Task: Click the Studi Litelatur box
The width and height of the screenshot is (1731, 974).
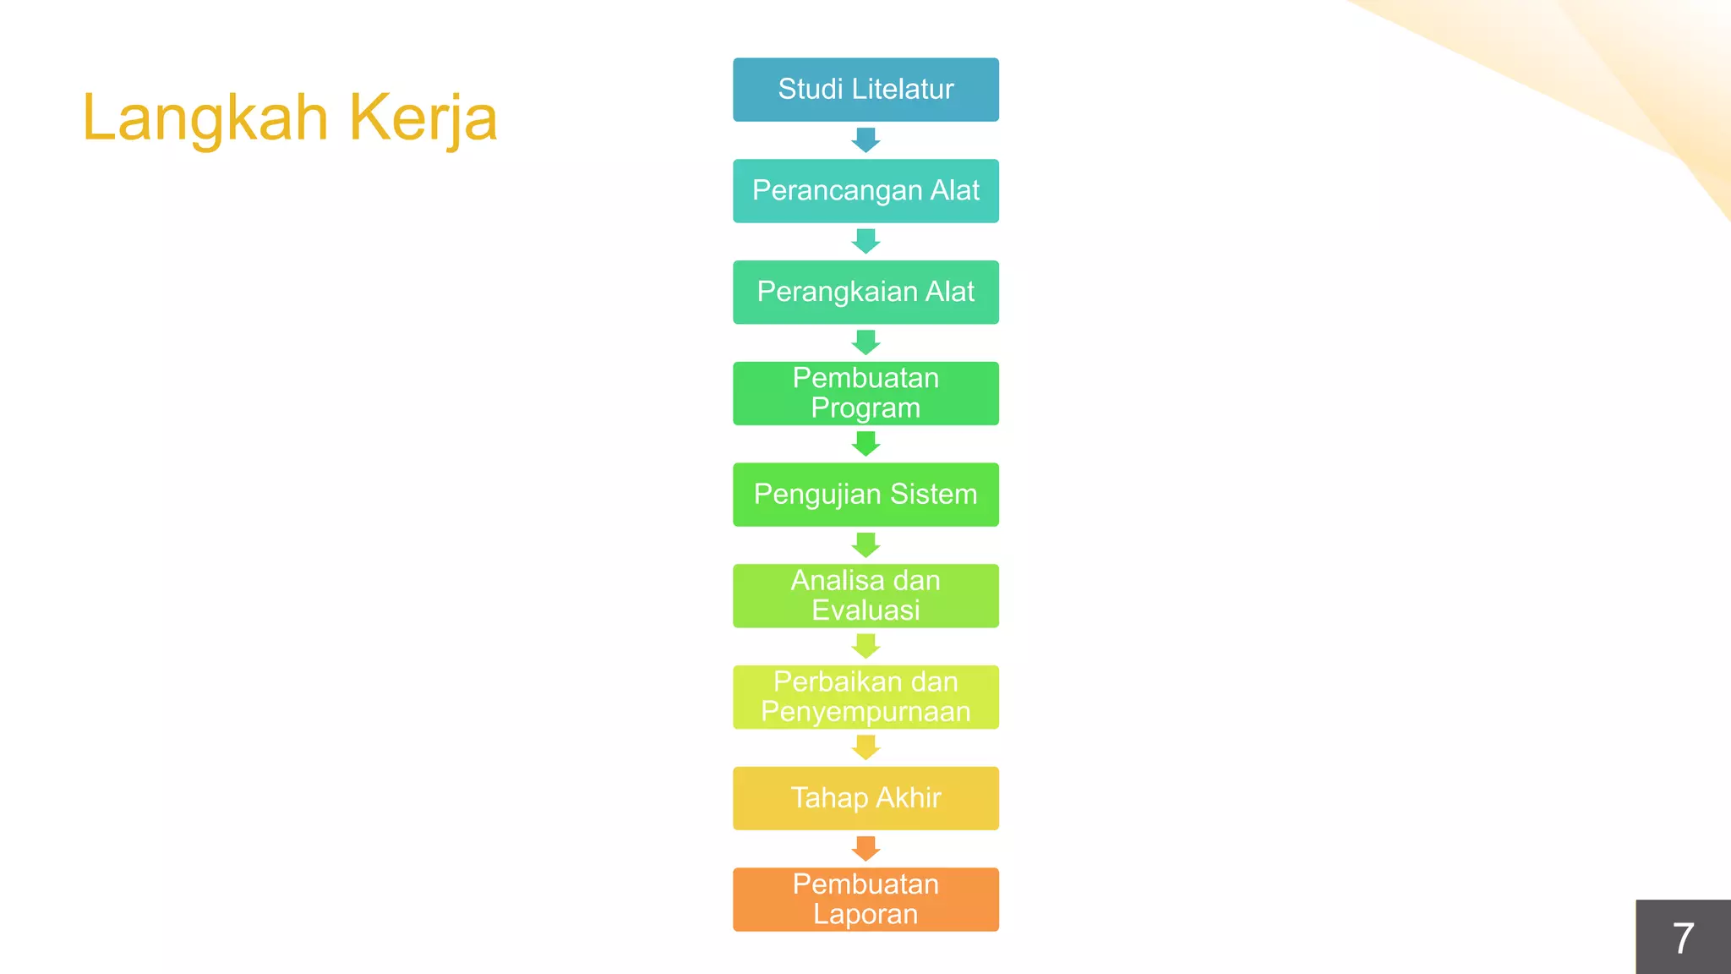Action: coord(865,90)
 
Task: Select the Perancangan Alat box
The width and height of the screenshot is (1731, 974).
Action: coord(865,191)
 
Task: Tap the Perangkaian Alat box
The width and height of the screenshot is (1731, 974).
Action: coord(865,293)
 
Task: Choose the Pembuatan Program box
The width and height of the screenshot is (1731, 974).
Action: coord(865,393)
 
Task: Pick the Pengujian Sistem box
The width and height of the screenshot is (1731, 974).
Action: coord(865,495)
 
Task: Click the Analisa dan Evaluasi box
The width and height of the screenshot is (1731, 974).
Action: coord(865,596)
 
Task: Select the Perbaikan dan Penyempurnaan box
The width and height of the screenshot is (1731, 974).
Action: coord(865,698)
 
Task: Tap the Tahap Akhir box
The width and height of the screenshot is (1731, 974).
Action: coord(865,798)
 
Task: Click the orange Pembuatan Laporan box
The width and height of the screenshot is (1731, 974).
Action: coord(865,900)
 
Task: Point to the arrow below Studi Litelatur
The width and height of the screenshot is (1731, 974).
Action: coord(865,140)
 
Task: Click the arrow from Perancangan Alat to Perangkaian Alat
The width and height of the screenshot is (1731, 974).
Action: coord(865,242)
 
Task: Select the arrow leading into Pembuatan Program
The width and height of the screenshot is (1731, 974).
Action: coord(865,342)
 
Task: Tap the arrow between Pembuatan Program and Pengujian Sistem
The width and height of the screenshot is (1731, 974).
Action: coord(865,444)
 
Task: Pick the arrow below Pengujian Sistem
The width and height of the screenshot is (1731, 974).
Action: coord(865,545)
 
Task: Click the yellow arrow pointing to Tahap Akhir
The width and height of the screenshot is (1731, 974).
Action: coord(865,747)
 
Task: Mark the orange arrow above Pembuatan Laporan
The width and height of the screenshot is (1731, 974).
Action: coord(865,849)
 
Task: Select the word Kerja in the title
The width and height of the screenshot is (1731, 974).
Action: coord(423,118)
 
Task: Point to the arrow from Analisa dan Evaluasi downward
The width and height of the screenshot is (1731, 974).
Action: coord(865,647)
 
